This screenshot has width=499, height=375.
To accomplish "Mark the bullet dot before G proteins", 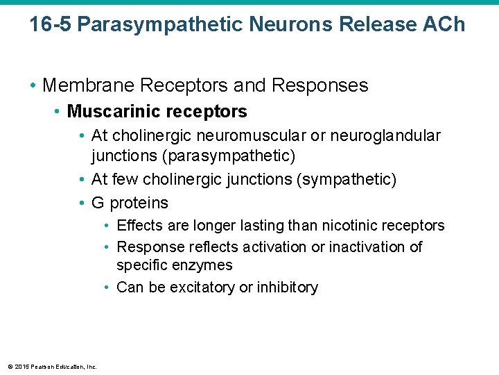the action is pyautogui.click(x=82, y=203).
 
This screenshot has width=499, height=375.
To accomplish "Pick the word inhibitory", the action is pyautogui.click(x=285, y=287).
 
